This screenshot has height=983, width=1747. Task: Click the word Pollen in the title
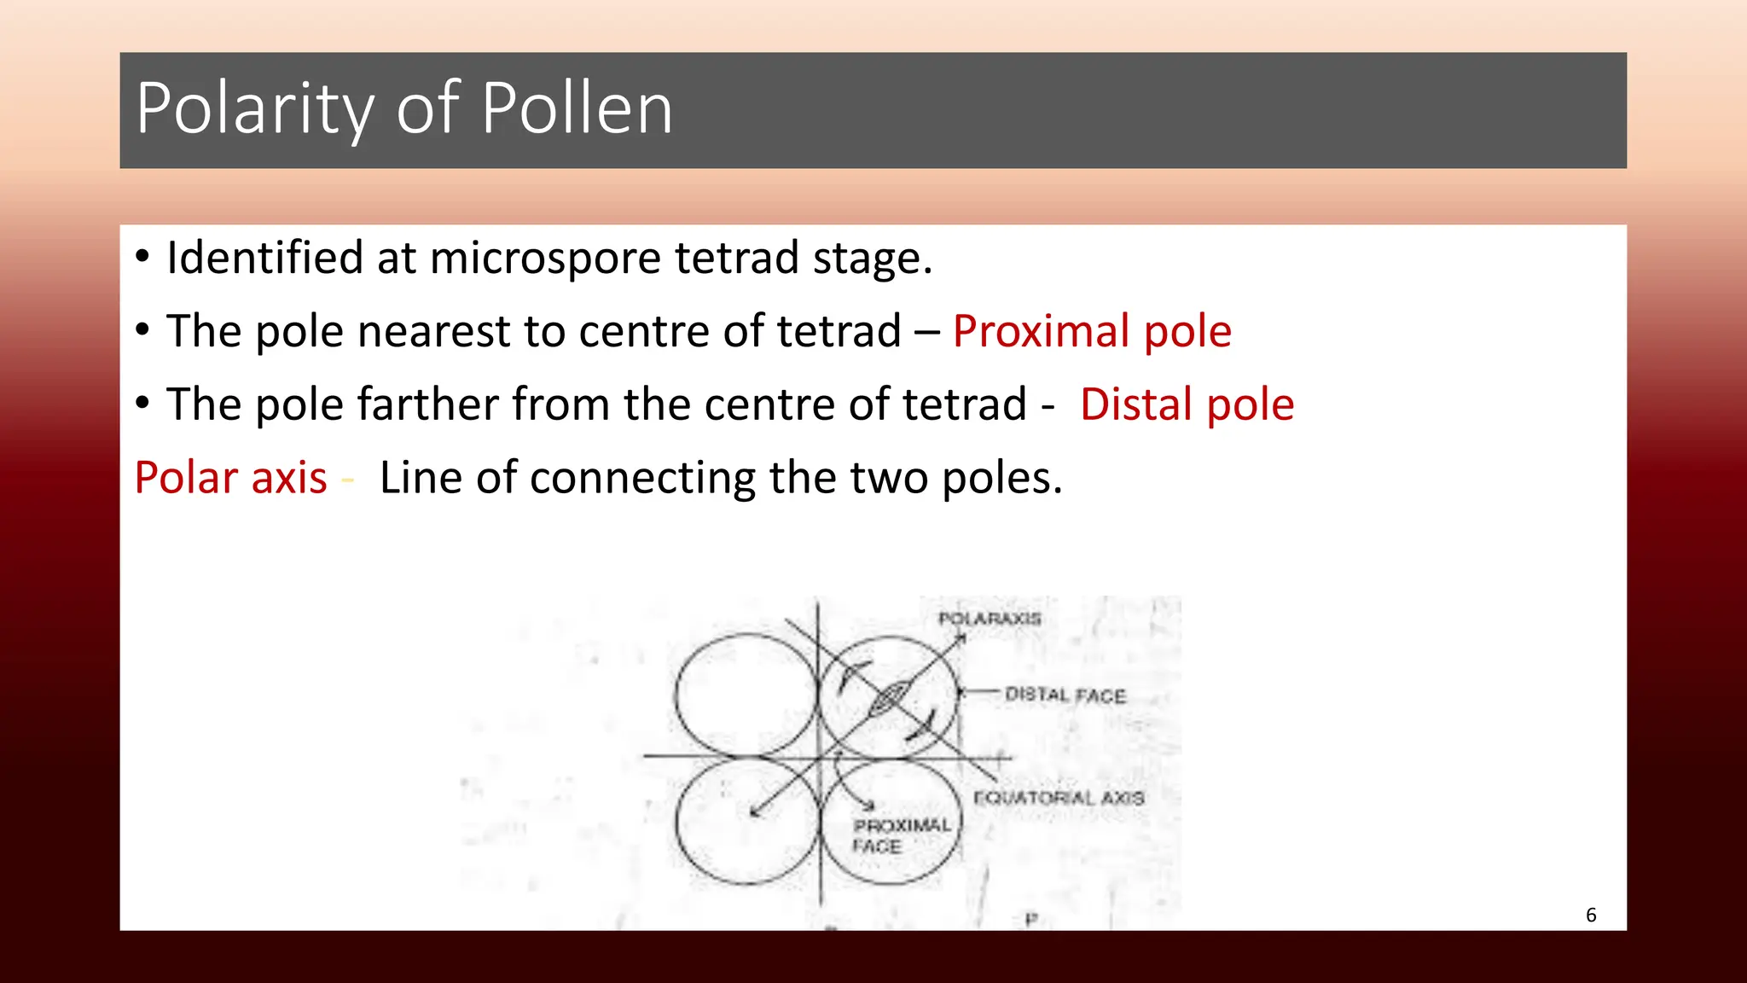pyautogui.click(x=577, y=109)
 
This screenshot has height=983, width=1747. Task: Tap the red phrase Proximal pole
pyautogui.click(x=1092, y=331)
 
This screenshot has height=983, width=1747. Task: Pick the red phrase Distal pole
pyautogui.click(x=1187, y=404)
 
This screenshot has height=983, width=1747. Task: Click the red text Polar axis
pyautogui.click(x=230, y=478)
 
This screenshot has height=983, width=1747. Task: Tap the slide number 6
pyautogui.click(x=1591, y=915)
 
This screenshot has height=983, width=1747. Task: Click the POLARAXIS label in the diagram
pyautogui.click(x=990, y=619)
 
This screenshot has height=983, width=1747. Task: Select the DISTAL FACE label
pyautogui.click(x=1065, y=695)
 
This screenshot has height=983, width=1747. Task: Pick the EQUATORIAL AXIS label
pyautogui.click(x=1059, y=798)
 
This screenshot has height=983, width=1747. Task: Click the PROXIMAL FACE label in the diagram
pyautogui.click(x=901, y=836)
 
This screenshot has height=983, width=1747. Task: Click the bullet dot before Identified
pyautogui.click(x=142, y=256)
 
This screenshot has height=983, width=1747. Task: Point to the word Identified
pyautogui.click(x=264, y=258)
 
